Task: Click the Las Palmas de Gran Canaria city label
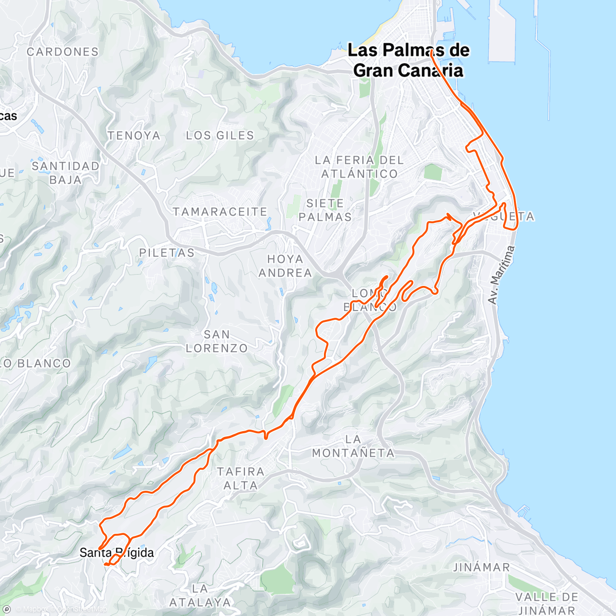coord(409,61)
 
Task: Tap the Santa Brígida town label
coord(117,553)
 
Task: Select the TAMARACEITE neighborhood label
coord(220,212)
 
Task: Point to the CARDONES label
coord(63,52)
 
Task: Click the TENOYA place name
coord(134,136)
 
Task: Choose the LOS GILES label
coord(220,136)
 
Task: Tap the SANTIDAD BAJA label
coord(66,173)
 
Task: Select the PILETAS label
coord(167,253)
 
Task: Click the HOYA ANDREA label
coord(285,266)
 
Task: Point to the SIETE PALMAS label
coord(325,210)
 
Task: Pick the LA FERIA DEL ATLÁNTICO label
coord(359,167)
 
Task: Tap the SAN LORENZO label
coord(217,341)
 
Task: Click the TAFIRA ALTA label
coord(240,478)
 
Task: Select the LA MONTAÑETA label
coord(353,446)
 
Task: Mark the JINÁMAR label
coord(482,567)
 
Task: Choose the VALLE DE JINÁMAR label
coord(547,604)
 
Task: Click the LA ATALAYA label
coord(200,595)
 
